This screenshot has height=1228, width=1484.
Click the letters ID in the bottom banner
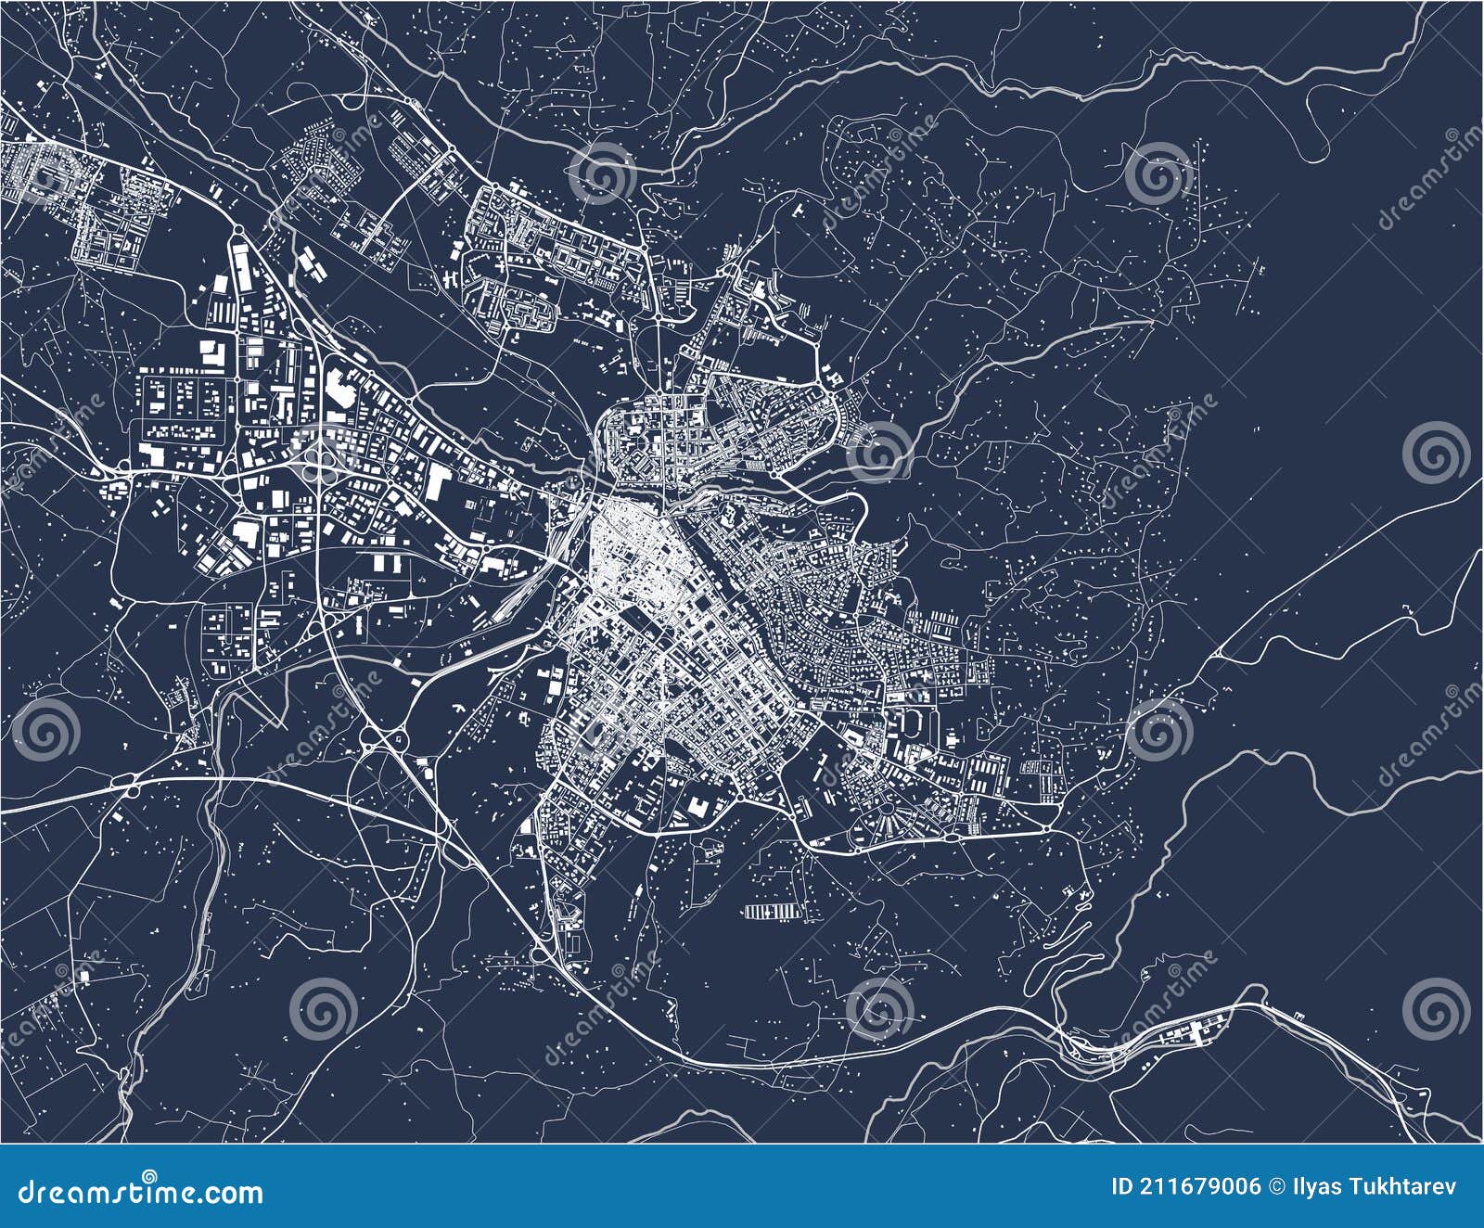(x=1121, y=1187)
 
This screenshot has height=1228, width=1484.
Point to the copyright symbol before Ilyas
(x=1275, y=1187)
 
